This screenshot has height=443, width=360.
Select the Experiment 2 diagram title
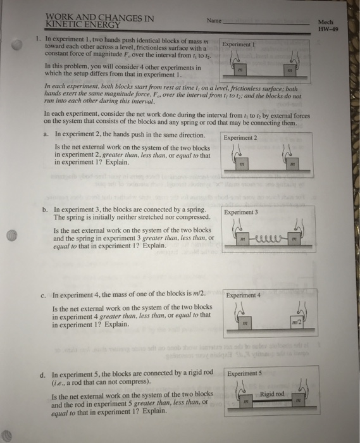tap(241, 138)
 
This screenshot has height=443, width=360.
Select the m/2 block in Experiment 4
tap(295, 325)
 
